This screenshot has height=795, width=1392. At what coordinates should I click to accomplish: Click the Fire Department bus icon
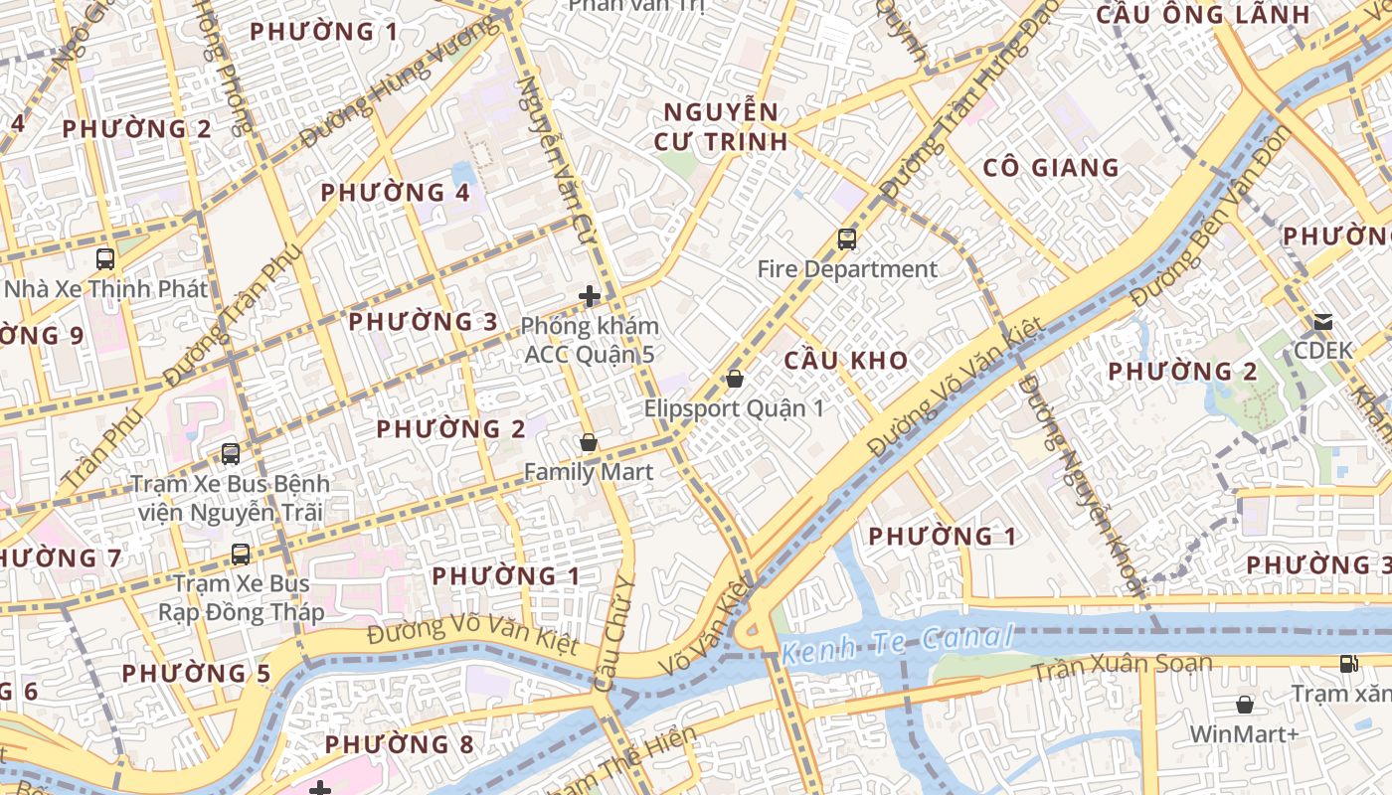click(846, 239)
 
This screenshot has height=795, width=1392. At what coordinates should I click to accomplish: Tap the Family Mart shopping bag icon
click(589, 443)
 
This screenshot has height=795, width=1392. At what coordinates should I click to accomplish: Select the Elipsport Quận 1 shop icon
click(735, 379)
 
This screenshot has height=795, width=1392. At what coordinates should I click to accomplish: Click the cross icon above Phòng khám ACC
click(590, 295)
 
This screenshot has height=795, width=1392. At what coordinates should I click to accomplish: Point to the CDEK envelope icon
click(1323, 322)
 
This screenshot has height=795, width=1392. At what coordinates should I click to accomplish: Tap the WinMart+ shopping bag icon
click(1245, 705)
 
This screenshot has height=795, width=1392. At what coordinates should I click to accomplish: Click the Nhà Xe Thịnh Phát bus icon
click(105, 259)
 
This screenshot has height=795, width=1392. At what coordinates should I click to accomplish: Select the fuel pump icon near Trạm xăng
click(1349, 664)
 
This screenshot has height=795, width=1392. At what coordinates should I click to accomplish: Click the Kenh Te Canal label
click(897, 643)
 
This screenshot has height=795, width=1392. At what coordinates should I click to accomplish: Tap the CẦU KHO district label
click(846, 361)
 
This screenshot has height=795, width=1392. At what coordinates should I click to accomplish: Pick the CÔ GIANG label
click(1051, 167)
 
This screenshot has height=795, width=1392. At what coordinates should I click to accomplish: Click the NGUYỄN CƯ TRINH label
click(721, 126)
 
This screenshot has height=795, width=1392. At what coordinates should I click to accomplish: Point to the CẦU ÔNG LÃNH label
click(1203, 15)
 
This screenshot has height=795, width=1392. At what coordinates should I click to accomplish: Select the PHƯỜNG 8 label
click(399, 744)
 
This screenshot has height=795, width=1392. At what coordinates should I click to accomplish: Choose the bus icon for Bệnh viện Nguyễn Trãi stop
click(231, 454)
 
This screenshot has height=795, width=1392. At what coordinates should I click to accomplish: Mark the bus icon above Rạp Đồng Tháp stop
click(241, 555)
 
